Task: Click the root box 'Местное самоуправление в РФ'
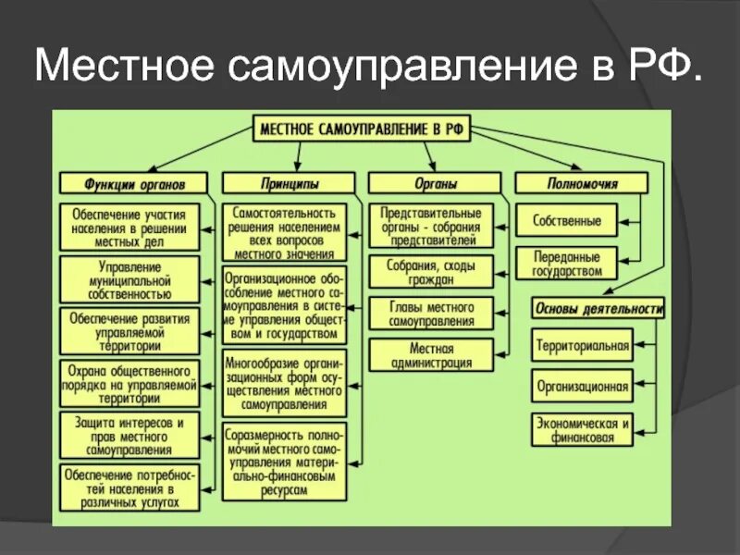(362, 129)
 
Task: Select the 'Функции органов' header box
(130, 183)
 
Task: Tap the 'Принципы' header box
(288, 183)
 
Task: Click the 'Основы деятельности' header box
(598, 308)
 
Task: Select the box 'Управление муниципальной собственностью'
(130, 278)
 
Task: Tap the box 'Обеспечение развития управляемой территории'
(130, 331)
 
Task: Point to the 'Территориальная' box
(582, 348)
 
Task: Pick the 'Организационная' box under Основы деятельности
(582, 387)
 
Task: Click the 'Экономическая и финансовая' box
(582, 429)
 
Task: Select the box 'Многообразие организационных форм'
(284, 384)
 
